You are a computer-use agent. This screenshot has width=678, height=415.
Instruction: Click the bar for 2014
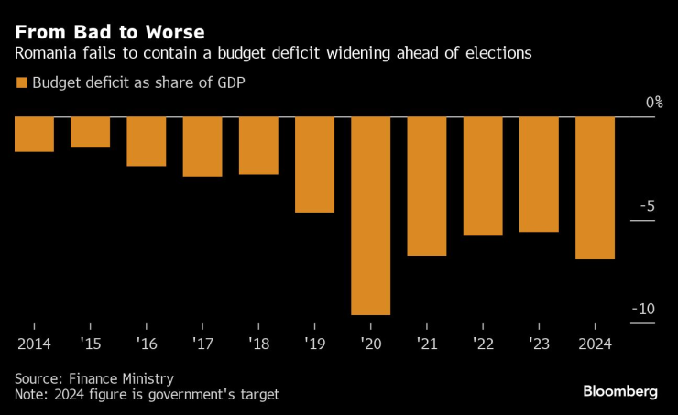[34, 134]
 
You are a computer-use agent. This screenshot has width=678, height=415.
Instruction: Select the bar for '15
[90, 132]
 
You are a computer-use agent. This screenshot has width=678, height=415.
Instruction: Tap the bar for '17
[202, 147]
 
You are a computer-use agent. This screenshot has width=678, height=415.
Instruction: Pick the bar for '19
[314, 165]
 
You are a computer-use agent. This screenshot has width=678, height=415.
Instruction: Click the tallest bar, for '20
[370, 216]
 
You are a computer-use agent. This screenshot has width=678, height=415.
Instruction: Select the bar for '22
[482, 177]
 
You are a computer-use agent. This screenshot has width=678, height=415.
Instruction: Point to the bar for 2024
[595, 189]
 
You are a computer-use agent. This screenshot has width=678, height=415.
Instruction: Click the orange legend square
[21, 83]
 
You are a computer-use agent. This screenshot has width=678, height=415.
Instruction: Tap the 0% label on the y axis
[653, 103]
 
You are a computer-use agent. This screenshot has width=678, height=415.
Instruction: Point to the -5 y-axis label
[649, 206]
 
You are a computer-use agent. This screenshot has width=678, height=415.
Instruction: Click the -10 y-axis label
[645, 309]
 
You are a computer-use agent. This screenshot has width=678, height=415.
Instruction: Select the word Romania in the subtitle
[45, 54]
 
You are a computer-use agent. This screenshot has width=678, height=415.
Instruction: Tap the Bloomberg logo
[620, 391]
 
